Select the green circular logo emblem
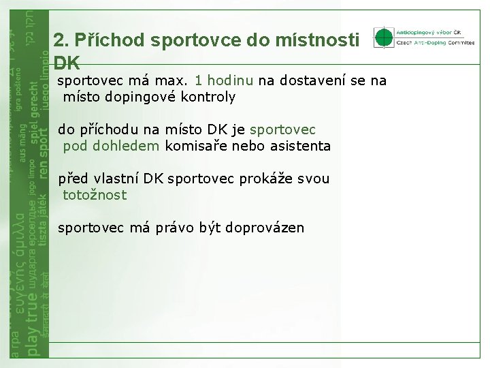[384, 37]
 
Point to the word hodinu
[230, 80]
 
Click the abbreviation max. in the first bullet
[171, 80]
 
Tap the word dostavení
[311, 80]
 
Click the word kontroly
[208, 97]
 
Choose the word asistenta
[299, 146]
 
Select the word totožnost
[95, 195]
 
